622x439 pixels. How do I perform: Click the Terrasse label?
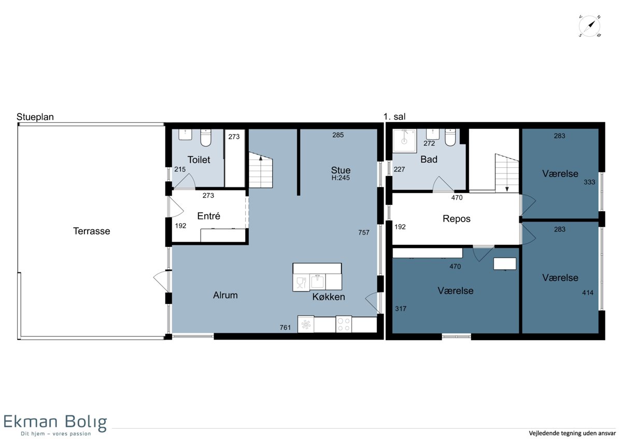(91, 231)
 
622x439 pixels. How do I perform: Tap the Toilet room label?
(199, 160)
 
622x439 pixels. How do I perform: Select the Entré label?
(208, 216)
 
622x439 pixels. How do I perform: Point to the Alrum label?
(225, 295)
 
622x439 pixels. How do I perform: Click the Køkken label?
(329, 297)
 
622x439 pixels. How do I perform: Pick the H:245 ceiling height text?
(341, 178)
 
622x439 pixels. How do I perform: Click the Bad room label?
(429, 159)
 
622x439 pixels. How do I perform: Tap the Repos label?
(457, 219)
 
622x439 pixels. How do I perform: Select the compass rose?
(589, 26)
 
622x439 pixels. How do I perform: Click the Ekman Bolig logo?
(55, 425)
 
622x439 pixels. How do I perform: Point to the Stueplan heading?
(35, 117)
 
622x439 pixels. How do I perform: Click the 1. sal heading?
(394, 117)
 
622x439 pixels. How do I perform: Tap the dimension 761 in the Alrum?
(285, 328)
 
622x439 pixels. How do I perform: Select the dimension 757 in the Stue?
(364, 232)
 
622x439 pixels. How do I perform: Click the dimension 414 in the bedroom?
(588, 292)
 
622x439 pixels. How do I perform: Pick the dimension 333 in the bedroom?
(589, 182)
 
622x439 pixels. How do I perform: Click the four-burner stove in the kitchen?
(344, 324)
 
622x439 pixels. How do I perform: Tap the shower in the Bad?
(404, 141)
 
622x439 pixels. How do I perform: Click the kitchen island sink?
(318, 282)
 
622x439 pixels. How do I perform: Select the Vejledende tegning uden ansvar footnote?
(572, 433)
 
